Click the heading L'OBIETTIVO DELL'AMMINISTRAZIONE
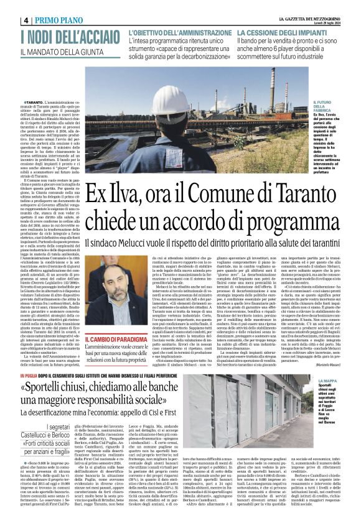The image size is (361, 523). point(180,32)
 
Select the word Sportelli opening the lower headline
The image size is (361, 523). point(65,387)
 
